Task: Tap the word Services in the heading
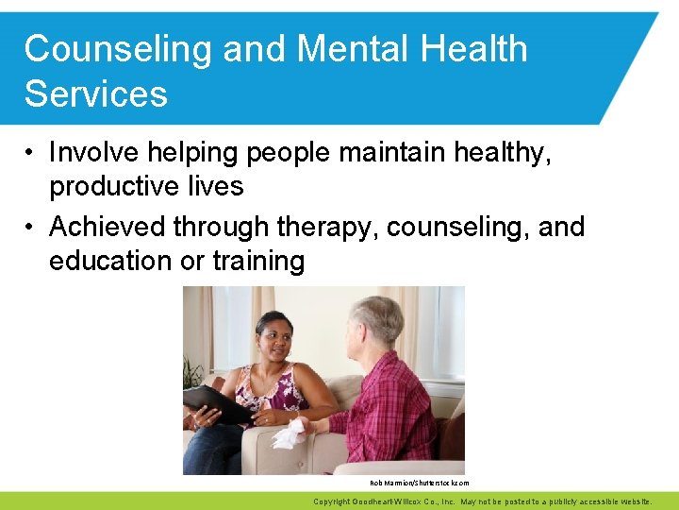pos(96,93)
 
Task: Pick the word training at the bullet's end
pos(258,261)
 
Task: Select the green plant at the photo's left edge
pos(193,373)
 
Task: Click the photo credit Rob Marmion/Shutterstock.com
pos(420,483)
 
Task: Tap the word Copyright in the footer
pos(335,501)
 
